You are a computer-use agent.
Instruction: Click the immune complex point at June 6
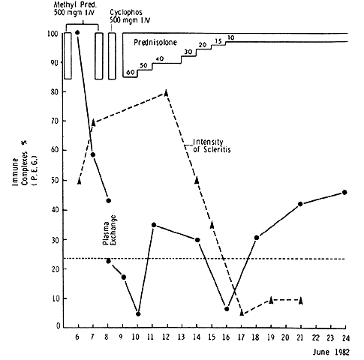77,32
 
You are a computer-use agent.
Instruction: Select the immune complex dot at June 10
138,314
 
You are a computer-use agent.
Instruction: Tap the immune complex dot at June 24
344,192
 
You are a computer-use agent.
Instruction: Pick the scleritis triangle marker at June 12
166,92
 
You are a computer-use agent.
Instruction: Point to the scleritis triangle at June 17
242,312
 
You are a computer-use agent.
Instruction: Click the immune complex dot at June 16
227,309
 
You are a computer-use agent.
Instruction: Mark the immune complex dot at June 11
154,225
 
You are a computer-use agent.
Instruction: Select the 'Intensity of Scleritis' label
212,145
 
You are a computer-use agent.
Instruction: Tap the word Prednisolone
155,43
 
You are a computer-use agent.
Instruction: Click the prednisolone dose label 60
131,73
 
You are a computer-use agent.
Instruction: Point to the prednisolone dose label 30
188,52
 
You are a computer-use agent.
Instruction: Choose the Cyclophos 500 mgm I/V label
130,16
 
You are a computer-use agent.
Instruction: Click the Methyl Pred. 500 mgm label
75,8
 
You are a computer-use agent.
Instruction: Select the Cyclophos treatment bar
112,56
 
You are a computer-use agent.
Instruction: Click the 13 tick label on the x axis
181,337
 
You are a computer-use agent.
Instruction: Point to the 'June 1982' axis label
331,352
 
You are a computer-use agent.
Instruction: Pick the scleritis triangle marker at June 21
301,301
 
